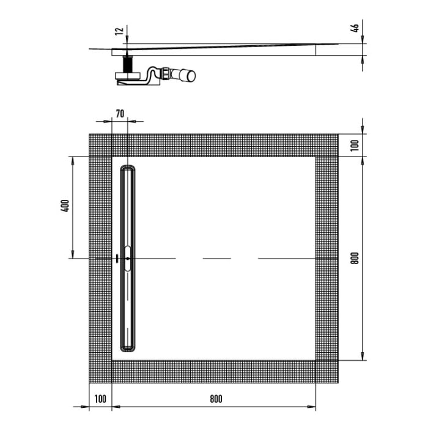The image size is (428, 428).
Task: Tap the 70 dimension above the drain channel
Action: [x=120, y=113]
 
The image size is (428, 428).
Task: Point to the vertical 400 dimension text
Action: [x=65, y=207]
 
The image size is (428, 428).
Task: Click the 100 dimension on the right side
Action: [x=354, y=145]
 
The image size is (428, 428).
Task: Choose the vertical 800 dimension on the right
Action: [x=354, y=257]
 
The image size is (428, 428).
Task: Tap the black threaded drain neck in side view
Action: [x=128, y=64]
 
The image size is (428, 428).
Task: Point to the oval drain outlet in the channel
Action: [x=127, y=258]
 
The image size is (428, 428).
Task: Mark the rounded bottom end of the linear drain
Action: [x=127, y=349]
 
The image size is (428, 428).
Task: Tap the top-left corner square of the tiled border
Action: [x=100, y=144]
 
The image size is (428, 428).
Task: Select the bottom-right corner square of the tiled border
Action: [x=327, y=371]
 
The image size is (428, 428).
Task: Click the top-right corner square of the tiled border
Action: [x=327, y=144]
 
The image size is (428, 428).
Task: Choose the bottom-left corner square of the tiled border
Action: [x=100, y=371]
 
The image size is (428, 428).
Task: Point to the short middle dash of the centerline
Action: [x=216, y=258]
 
